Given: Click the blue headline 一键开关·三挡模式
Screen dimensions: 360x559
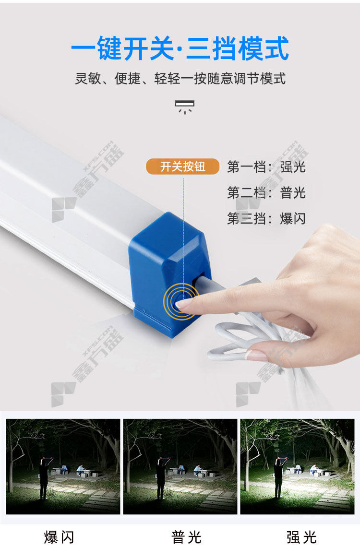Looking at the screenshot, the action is [x=180, y=48].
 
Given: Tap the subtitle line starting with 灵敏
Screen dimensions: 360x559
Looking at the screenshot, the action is [x=180, y=78].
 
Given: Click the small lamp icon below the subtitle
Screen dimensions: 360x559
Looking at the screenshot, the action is [x=184, y=107].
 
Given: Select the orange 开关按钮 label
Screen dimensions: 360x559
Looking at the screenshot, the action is [x=183, y=167].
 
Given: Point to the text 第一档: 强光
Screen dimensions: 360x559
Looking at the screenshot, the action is [x=266, y=167].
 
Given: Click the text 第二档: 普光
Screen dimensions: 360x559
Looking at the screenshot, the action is [x=266, y=192].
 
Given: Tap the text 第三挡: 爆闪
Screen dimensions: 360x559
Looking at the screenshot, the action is [x=266, y=218].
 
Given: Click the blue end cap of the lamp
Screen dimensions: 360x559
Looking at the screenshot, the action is [x=168, y=274].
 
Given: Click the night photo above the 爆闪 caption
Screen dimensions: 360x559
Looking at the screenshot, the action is [x=63, y=466].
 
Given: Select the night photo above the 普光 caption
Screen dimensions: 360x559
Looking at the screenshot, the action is [x=180, y=466].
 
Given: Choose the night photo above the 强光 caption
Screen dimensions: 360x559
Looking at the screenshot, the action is [x=297, y=466].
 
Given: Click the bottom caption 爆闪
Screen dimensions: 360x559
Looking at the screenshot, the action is [x=59, y=537].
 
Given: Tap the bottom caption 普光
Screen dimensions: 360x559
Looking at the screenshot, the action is [x=187, y=537].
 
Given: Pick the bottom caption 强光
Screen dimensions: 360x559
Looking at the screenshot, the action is [x=302, y=537].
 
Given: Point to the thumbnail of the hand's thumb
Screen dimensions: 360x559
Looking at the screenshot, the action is [x=256, y=355].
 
